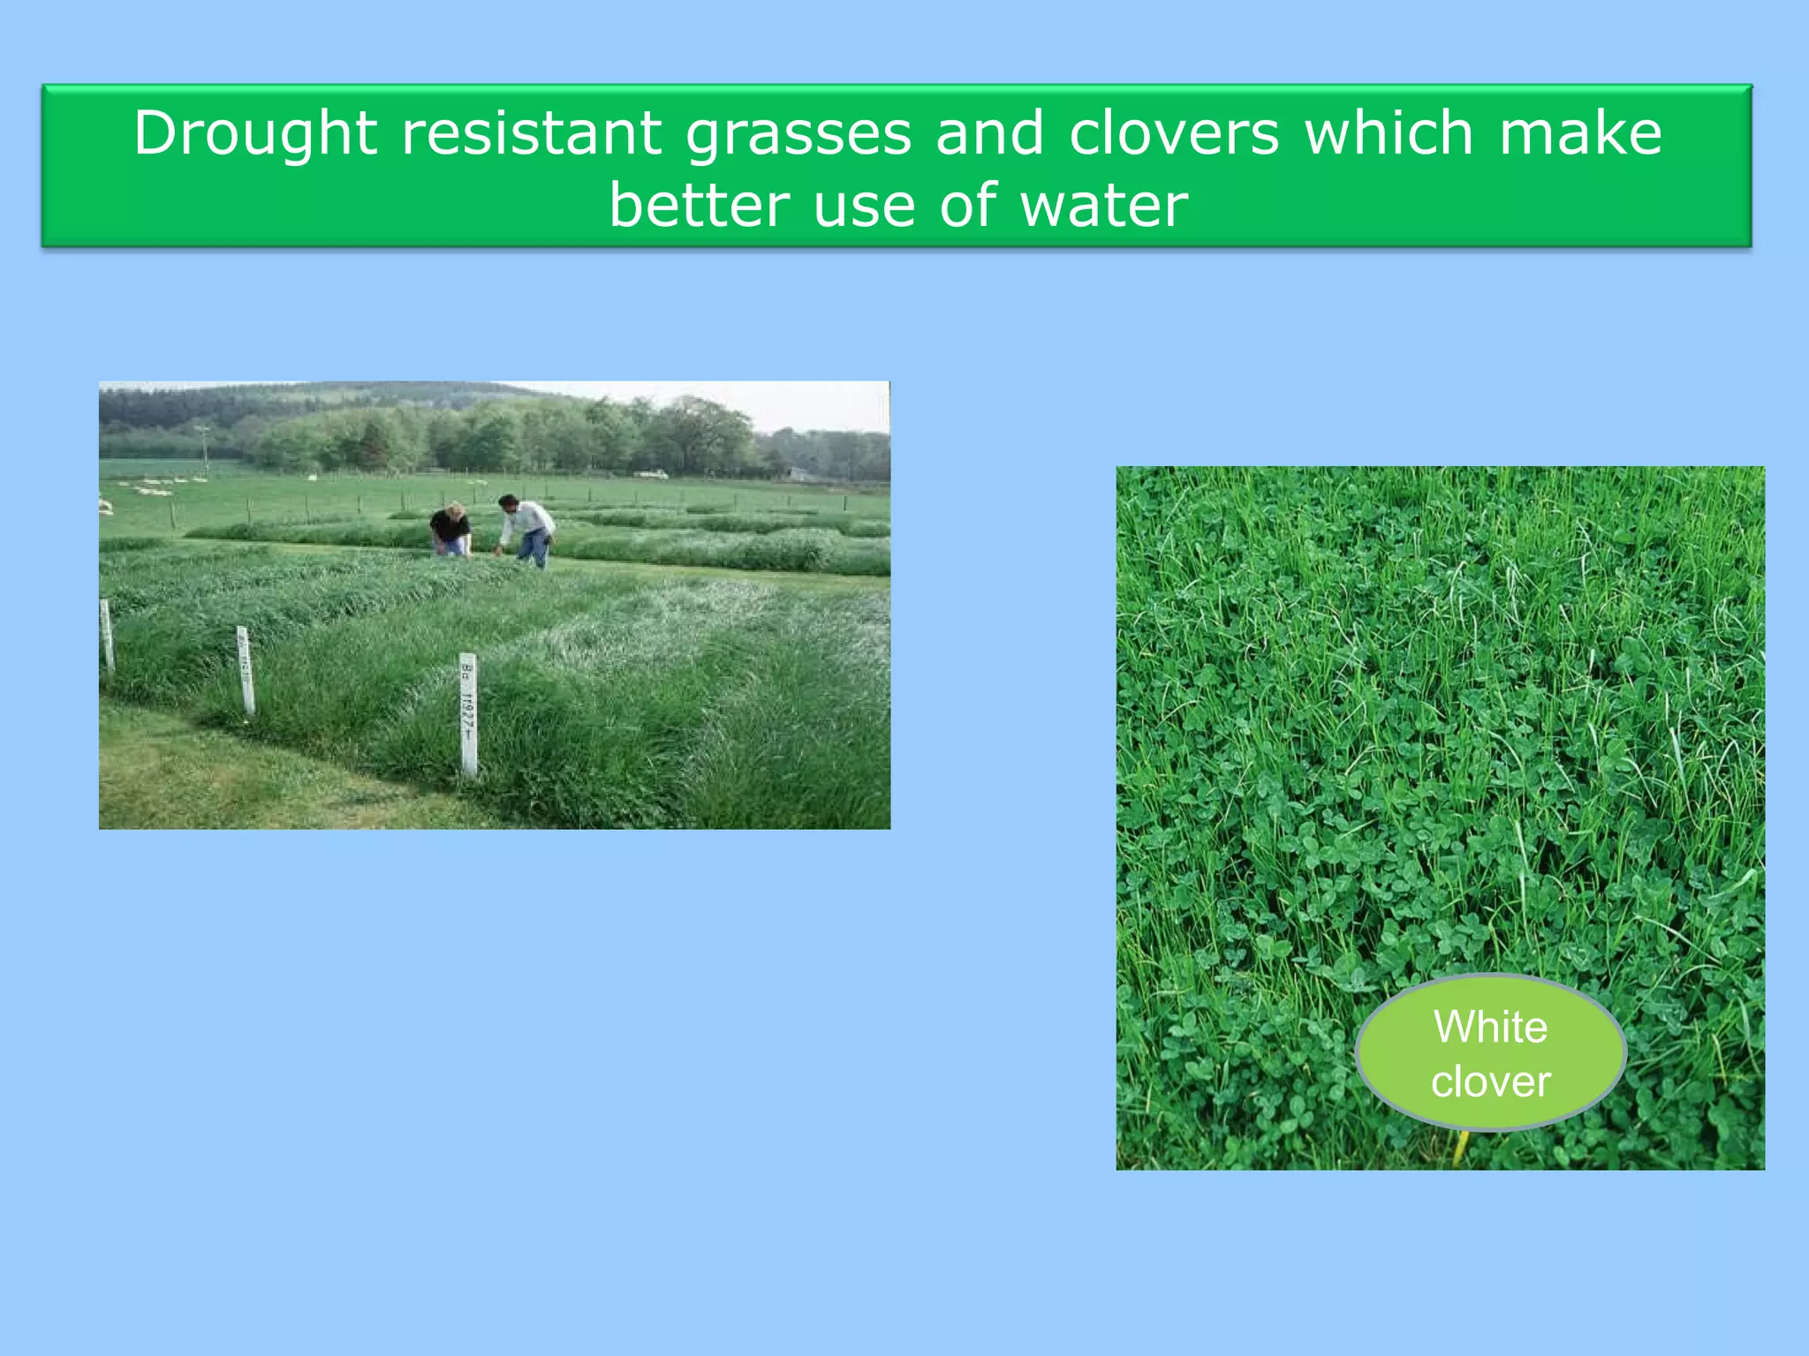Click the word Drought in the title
(255, 133)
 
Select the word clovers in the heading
(1174, 133)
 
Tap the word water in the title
(1104, 206)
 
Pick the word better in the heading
(699, 206)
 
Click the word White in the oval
(1490, 1027)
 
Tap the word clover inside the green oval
(1490, 1081)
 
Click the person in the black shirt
(450, 530)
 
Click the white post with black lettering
(468, 715)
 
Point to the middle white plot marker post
(245, 669)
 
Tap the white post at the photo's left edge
(107, 634)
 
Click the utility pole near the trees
(205, 450)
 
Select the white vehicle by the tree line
(651, 475)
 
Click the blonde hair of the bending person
(455, 509)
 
